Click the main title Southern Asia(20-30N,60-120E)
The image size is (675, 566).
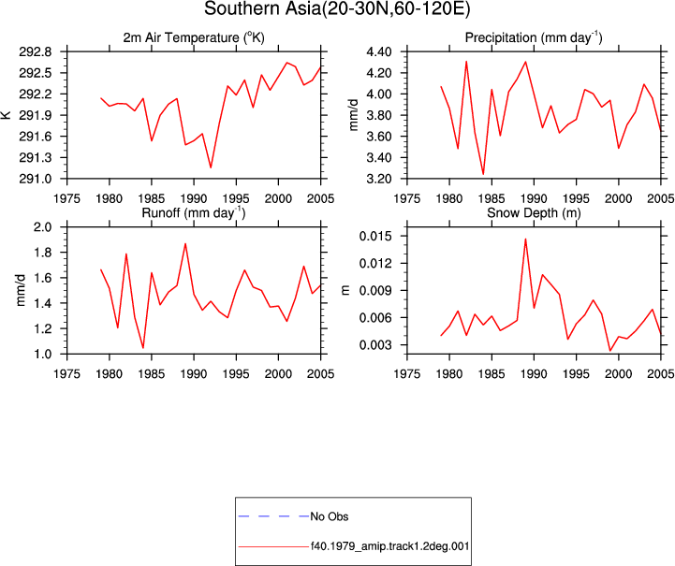pos(337,9)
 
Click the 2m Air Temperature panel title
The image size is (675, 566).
pos(194,37)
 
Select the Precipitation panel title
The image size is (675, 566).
pos(534,37)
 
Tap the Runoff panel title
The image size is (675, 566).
pos(193,213)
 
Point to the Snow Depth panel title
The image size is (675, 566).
pos(534,213)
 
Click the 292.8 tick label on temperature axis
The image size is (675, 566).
pos(35,52)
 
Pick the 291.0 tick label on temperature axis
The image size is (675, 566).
pos(35,179)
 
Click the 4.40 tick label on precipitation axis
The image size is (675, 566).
pos(379,52)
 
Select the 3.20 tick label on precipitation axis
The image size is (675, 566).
pos(379,179)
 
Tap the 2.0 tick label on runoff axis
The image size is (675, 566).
pos(42,227)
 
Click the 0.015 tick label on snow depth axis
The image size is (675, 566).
pos(375,236)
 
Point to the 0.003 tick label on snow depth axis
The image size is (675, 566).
pos(375,345)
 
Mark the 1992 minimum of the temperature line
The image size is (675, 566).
pos(211,167)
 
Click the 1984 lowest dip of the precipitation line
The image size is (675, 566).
pos(483,174)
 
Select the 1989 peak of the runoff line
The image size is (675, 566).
pos(185,243)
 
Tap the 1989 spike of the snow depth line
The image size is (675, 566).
pos(525,239)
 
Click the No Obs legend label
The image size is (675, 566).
pos(330,516)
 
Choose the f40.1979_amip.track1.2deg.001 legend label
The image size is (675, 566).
pos(390,546)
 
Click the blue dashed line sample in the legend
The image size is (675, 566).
pos(273,516)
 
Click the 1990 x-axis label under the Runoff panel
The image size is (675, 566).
pos(194,374)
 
